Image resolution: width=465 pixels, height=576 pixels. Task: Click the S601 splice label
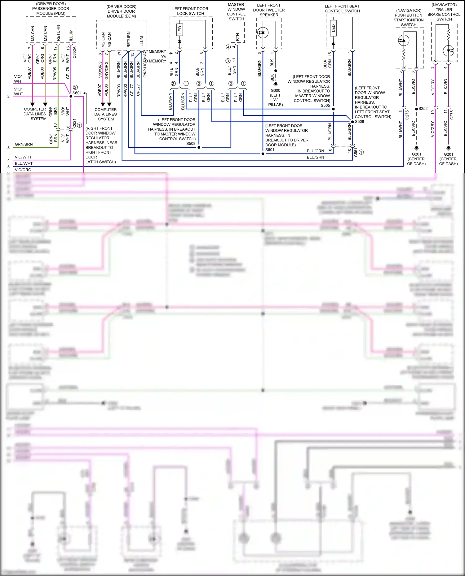(x=77, y=93)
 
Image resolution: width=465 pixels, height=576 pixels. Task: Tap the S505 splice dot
(x=333, y=109)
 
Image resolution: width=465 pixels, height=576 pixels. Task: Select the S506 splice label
(x=359, y=122)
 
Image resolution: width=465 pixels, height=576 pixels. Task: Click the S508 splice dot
(x=199, y=147)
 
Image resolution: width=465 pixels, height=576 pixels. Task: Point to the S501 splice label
(x=270, y=150)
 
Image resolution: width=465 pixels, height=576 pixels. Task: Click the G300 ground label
(x=275, y=91)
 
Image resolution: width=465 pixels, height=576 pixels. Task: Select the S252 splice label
(x=423, y=109)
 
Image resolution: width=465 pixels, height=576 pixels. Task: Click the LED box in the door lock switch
(x=179, y=30)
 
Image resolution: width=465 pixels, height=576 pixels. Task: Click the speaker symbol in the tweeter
(x=263, y=32)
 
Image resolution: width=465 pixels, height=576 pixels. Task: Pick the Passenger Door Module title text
(x=51, y=9)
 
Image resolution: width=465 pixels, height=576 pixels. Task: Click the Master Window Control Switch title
(x=236, y=12)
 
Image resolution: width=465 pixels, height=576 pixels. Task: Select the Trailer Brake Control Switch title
(x=444, y=12)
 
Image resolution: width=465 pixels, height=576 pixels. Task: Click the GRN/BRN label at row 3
(x=24, y=144)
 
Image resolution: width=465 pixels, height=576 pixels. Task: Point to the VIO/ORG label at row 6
(x=23, y=170)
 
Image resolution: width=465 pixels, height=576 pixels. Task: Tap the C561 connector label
(x=356, y=152)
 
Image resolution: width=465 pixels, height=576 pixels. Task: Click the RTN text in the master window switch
(x=237, y=37)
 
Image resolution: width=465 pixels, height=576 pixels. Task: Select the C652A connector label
(x=74, y=52)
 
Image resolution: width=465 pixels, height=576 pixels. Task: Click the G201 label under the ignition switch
(x=416, y=154)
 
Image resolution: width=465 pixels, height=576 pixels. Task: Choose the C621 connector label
(x=74, y=123)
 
